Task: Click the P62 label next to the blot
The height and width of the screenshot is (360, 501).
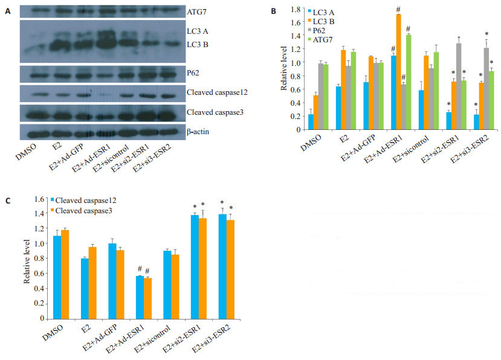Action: [x=193, y=74]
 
